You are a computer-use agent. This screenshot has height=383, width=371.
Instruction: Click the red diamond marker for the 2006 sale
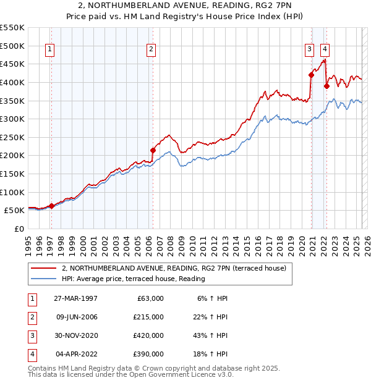[x=153, y=149]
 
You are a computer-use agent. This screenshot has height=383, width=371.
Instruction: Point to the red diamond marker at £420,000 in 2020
[x=311, y=75]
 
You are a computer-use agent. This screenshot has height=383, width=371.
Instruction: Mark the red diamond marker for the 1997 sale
[x=52, y=206]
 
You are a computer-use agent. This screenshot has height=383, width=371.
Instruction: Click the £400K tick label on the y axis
[x=12, y=82]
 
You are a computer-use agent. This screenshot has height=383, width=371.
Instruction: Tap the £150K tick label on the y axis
[x=12, y=174]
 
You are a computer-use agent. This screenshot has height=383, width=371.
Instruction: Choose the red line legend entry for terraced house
[x=173, y=269]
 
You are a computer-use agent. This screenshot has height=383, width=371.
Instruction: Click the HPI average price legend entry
[x=133, y=279]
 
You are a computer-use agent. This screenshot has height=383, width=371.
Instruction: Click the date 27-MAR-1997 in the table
[x=77, y=298]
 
